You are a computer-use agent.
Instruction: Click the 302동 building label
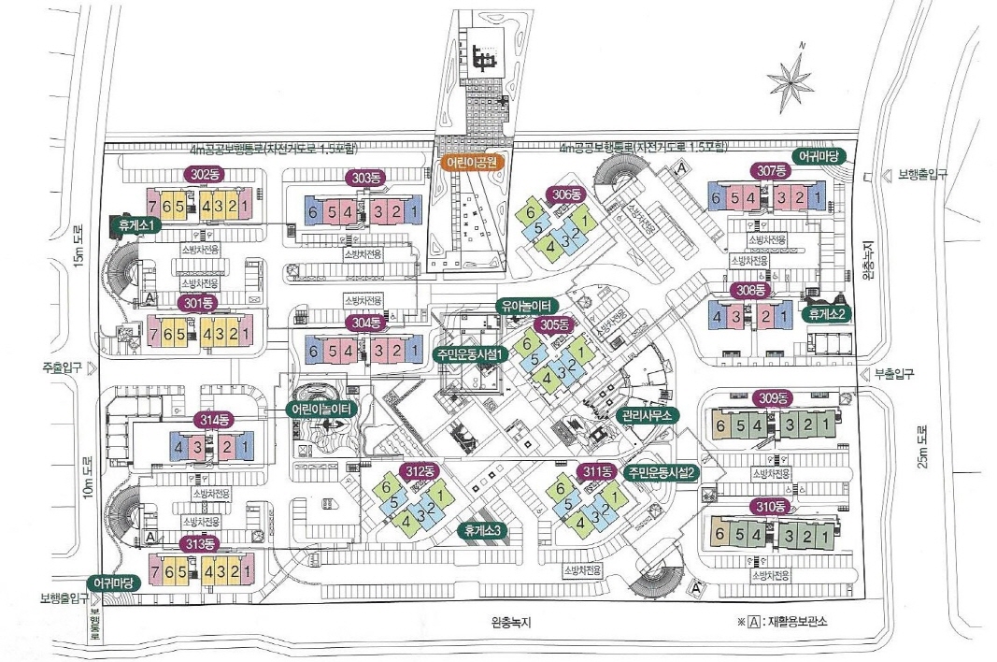tap(201, 174)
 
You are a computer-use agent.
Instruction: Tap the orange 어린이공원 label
tap(473, 161)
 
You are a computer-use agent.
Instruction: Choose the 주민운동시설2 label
tap(662, 471)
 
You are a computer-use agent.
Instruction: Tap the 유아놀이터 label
tap(526, 306)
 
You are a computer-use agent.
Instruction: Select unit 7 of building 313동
tap(155, 571)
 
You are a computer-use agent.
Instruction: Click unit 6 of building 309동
tap(720, 426)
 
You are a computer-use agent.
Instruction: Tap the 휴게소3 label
tap(483, 529)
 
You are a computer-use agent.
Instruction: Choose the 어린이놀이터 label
tap(320, 409)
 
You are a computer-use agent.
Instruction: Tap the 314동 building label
tap(213, 420)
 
